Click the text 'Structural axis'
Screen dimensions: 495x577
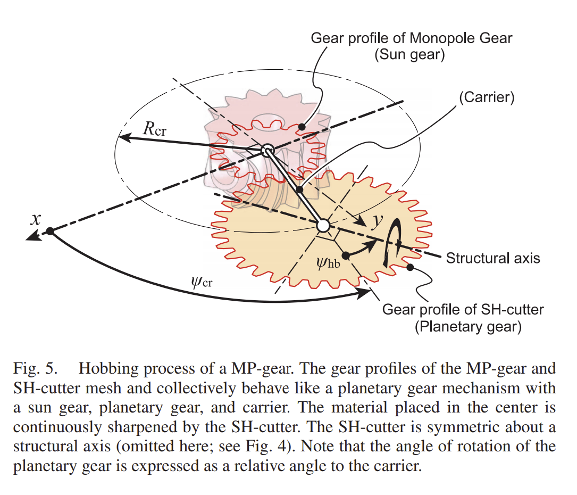493,259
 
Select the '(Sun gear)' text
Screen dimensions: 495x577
409,55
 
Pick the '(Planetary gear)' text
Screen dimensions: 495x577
467,326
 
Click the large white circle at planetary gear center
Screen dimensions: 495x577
323,226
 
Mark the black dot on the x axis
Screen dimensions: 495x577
49,231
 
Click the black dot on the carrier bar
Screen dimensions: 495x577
299,190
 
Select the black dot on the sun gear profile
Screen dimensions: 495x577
302,127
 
